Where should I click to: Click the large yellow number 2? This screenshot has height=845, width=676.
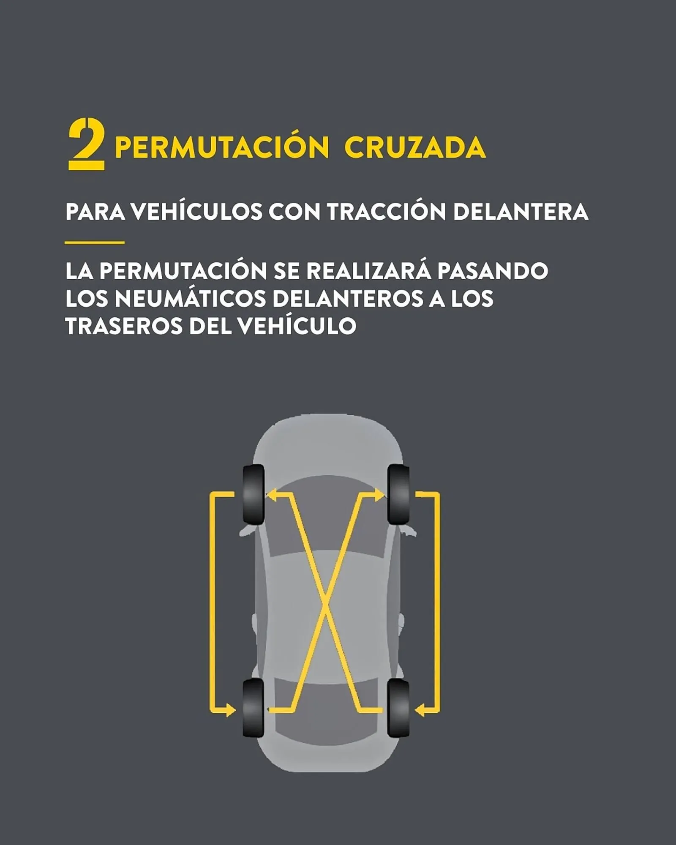pyautogui.click(x=86, y=144)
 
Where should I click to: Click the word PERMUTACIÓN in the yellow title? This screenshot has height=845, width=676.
pyautogui.click(x=221, y=147)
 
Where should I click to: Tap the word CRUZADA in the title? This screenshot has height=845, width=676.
pyautogui.click(x=415, y=147)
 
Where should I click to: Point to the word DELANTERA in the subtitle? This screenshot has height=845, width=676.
pyautogui.click(x=521, y=211)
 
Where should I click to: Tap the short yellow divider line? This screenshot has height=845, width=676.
pyautogui.click(x=95, y=243)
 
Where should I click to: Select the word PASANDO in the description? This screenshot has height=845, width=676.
pyautogui.click(x=493, y=271)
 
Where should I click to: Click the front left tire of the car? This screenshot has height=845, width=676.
pyautogui.click(x=253, y=494)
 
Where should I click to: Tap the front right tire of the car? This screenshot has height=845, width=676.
pyautogui.click(x=398, y=494)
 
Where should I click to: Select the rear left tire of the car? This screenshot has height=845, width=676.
pyautogui.click(x=253, y=708)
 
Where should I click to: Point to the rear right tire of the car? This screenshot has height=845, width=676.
pyautogui.click(x=398, y=708)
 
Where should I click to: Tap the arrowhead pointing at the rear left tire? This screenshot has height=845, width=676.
pyautogui.click(x=231, y=710)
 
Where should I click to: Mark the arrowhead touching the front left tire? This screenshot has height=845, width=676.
pyautogui.click(x=271, y=494)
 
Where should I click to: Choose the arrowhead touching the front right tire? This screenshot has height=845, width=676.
pyautogui.click(x=379, y=494)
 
